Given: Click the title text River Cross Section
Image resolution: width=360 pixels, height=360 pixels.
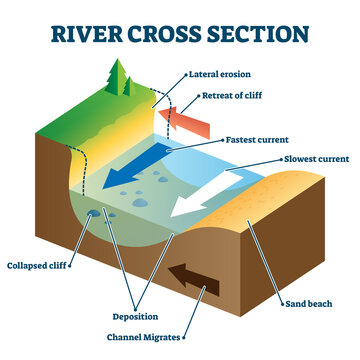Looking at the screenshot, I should click(180, 30).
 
